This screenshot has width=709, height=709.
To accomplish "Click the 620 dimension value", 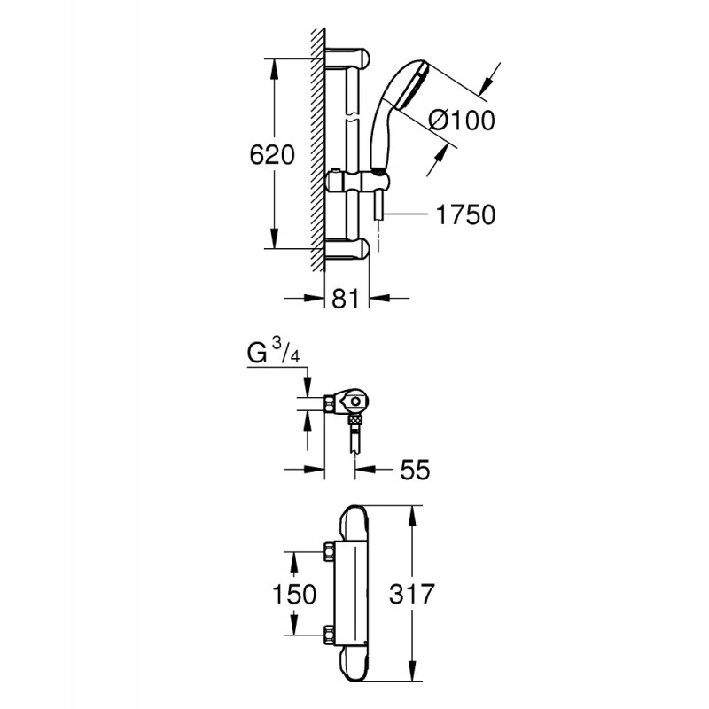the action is click(272, 155).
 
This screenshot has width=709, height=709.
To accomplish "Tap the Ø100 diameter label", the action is click(461, 121).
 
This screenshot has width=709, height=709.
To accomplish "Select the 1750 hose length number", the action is click(465, 214).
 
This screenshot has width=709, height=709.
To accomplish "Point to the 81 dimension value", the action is click(346, 299).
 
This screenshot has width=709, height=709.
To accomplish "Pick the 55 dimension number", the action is click(415, 470).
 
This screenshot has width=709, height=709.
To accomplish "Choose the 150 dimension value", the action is click(294, 594).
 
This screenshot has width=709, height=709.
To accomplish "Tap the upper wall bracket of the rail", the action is click(347, 58).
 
